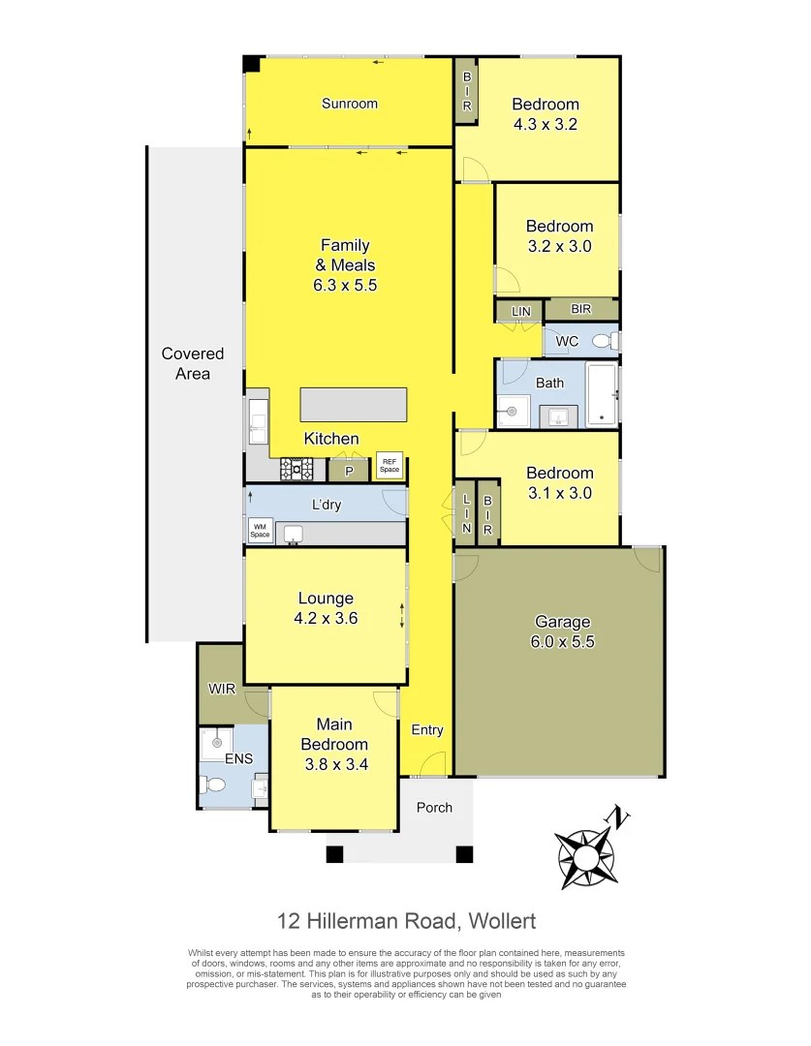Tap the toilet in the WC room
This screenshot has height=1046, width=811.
coord(604,341)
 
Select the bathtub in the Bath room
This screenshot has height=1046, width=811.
coord(602,394)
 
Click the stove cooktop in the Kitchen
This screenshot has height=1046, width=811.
coord(297,470)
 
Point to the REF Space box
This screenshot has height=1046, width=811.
coord(390,466)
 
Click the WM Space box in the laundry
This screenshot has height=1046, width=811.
coord(261,531)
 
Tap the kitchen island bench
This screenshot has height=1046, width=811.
coord(354,404)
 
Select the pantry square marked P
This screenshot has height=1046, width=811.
coord(349,470)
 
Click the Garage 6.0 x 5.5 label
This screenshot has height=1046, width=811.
coord(562,631)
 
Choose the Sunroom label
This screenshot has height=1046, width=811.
coord(350,104)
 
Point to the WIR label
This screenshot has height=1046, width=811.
coord(222,690)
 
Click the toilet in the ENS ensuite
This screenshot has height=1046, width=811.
coord(214,786)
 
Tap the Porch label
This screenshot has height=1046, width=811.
coord(434,807)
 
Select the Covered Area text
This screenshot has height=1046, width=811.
coord(193,363)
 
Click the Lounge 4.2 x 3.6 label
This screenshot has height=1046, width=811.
coord(326,608)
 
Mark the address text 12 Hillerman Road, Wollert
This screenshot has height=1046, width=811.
coord(406,920)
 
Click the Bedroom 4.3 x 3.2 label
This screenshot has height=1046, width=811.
coord(546,114)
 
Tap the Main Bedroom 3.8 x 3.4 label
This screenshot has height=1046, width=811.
coord(334,744)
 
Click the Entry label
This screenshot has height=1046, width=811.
coord(427,730)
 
